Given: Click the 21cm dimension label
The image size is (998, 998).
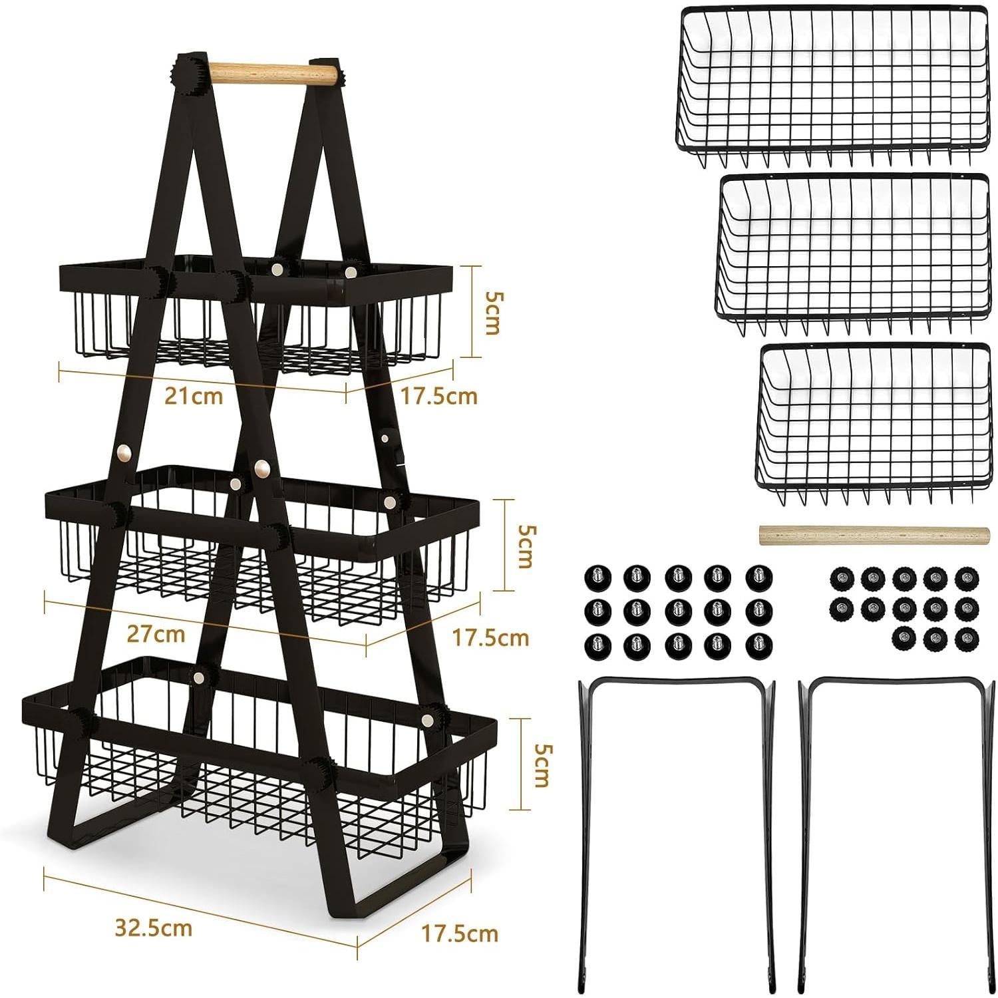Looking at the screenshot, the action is point(194,397).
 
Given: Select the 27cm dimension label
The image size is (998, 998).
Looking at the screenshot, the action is point(156,633).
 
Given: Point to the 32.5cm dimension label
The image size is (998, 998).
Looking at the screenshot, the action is point(154,927).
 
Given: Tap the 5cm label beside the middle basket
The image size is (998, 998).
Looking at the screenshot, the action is point(526,546).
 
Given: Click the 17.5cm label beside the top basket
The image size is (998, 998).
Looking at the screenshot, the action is point(439,396).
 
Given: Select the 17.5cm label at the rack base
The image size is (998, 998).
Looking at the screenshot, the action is point(460,933).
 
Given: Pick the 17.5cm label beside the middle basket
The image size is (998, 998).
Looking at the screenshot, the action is point(490,638).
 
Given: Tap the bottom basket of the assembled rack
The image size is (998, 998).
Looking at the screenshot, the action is point(259,758).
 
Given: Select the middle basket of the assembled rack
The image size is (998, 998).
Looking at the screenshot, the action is point(263,539).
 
